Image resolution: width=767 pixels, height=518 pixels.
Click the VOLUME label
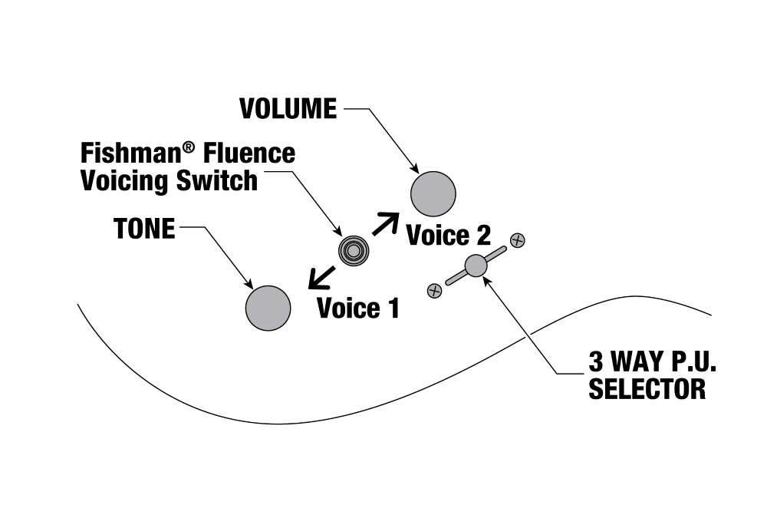[x=288, y=109]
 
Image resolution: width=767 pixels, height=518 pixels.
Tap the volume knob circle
[x=433, y=194]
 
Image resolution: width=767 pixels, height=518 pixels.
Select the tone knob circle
[x=268, y=308]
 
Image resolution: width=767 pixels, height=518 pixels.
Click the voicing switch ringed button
[x=354, y=250]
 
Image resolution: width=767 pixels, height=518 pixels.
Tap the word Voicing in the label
[x=123, y=181]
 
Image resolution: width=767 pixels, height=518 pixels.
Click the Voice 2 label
[x=448, y=235]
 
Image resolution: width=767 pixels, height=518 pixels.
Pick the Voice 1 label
[x=358, y=308]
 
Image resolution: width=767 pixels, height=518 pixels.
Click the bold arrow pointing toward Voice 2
[x=386, y=223]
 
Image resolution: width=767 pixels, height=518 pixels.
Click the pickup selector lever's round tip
[x=476, y=266]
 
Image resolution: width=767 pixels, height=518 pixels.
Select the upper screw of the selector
[x=518, y=240]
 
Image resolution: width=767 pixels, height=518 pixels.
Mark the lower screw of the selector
[x=434, y=290]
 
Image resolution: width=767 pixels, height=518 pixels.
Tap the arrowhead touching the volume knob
[x=415, y=170]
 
